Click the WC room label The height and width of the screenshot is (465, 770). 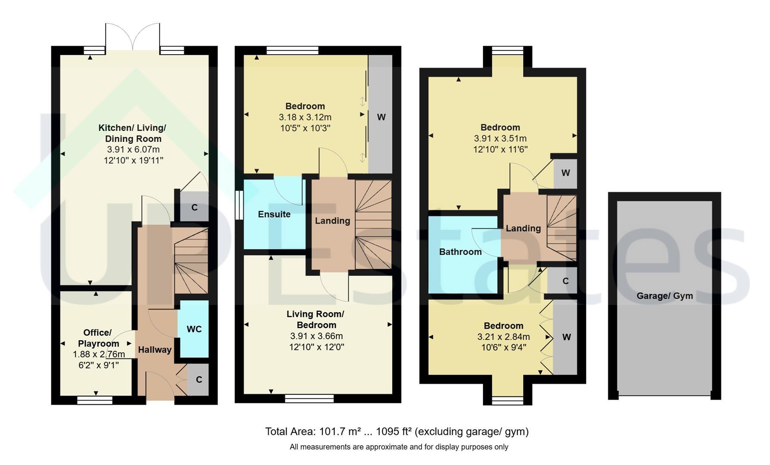[x=194, y=329]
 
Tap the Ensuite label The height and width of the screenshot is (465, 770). [x=274, y=214]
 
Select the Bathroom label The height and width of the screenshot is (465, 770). [x=460, y=252]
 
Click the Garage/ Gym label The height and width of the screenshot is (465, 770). [x=665, y=296]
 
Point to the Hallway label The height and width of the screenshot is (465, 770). [x=155, y=350]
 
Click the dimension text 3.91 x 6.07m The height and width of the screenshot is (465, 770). [x=133, y=150]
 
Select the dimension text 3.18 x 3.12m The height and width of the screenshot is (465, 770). [x=305, y=117]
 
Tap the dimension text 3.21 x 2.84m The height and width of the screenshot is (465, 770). [x=504, y=337]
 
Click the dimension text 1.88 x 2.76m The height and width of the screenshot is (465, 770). [x=99, y=354]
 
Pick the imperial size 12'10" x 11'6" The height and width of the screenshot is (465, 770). [x=500, y=149]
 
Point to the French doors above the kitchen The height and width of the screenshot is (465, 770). [x=133, y=37]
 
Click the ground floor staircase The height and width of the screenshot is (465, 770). [x=191, y=261]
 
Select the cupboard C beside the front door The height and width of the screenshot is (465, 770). [x=198, y=379]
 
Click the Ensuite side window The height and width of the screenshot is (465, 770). [x=239, y=206]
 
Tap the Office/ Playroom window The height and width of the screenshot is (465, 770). [x=95, y=400]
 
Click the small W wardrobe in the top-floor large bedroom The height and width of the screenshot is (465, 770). [x=565, y=173]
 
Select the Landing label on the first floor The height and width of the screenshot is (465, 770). [x=332, y=221]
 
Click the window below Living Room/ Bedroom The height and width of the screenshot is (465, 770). [x=309, y=399]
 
